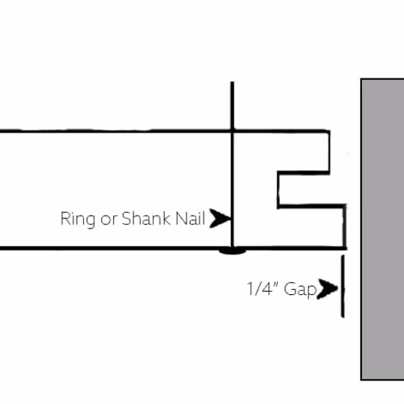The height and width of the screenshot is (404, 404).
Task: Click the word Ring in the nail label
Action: point(78,219)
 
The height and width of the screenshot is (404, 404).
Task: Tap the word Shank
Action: point(146,218)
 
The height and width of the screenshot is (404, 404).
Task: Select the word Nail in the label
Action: point(190,218)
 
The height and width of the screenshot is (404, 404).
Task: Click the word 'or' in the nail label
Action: point(108,220)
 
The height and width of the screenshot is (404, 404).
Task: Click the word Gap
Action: point(300,290)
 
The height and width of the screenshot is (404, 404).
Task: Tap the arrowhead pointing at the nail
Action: point(221,218)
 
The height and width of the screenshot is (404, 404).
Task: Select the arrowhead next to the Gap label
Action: point(327,289)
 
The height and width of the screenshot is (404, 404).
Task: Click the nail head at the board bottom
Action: point(232,251)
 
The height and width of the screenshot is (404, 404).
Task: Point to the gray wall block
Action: point(382,229)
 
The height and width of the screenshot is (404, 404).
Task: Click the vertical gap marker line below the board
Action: point(343,286)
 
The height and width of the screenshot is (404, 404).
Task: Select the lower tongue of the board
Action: point(312,227)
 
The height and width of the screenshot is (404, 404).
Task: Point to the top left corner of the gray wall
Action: point(361,79)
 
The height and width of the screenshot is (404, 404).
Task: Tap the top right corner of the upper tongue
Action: point(330,131)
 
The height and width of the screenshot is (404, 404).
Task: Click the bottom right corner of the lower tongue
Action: point(345,248)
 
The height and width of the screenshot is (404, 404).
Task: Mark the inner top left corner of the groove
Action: point(279,172)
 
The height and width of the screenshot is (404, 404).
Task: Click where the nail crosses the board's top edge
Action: point(232,131)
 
